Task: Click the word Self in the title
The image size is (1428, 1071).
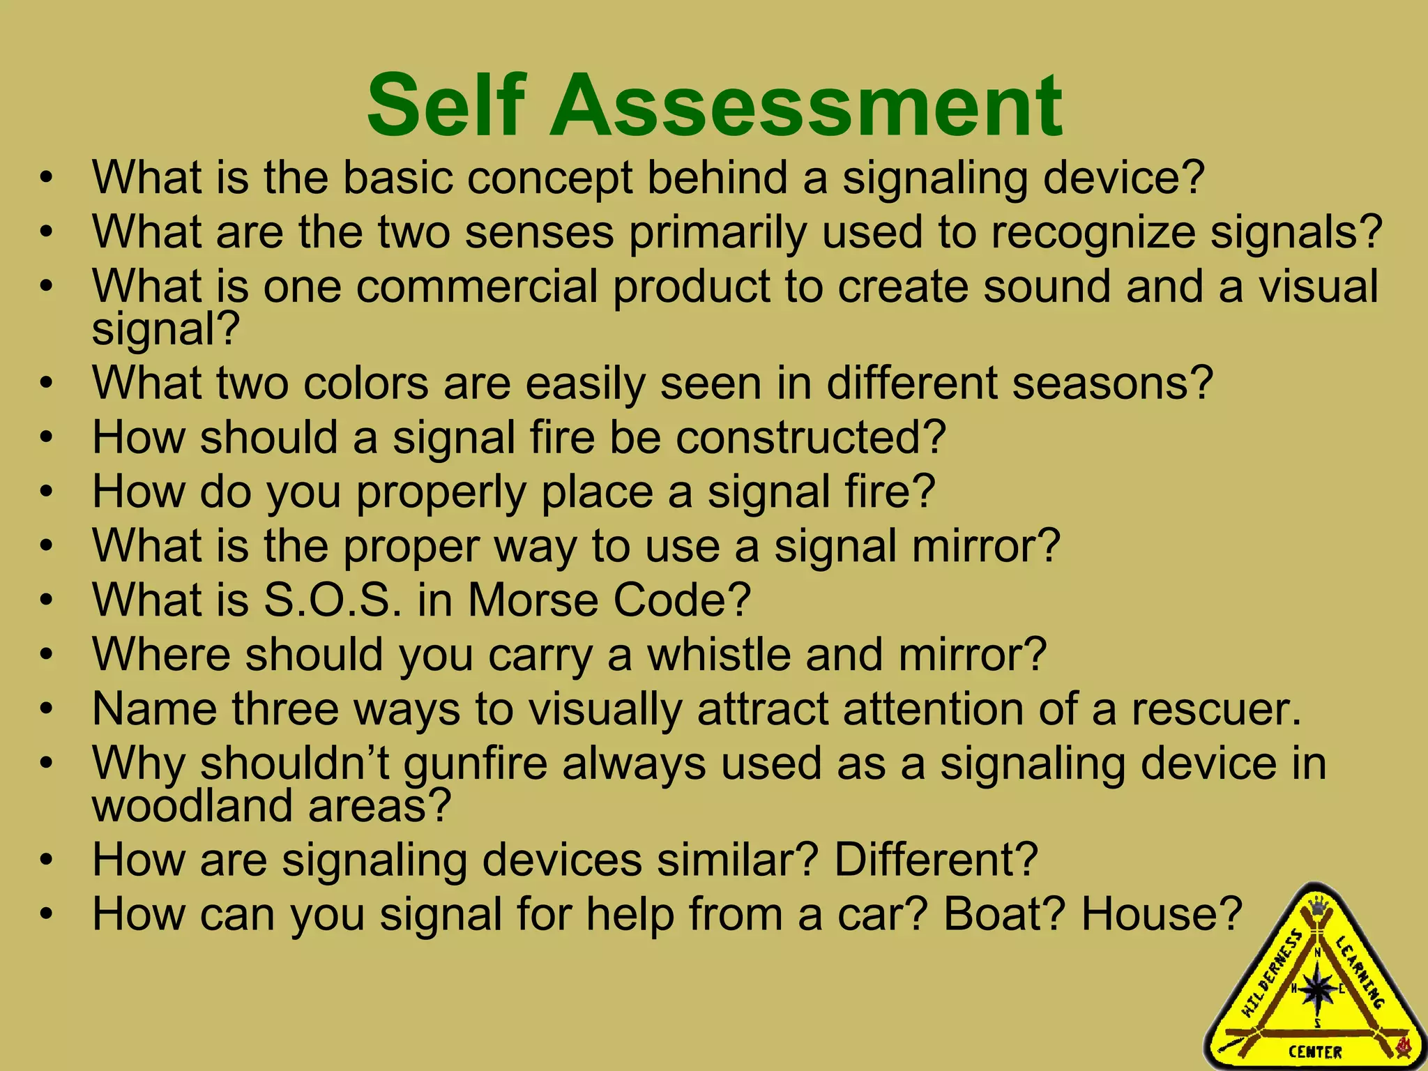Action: point(445,106)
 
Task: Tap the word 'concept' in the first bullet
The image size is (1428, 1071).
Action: point(549,178)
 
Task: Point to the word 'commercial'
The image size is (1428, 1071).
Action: point(477,287)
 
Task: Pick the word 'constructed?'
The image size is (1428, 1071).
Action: point(810,438)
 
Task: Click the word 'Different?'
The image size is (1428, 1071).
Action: point(936,860)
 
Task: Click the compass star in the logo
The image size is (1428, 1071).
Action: point(1317,991)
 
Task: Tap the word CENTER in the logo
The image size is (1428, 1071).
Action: point(1315,1051)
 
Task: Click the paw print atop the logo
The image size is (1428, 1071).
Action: point(1317,907)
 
